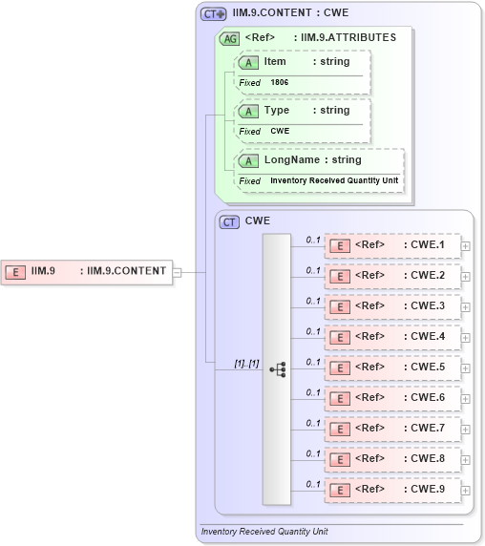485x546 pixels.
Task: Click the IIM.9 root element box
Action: point(86,272)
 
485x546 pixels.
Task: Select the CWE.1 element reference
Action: point(392,245)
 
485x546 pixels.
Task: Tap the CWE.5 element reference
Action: point(392,367)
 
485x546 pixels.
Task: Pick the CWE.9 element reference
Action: point(392,490)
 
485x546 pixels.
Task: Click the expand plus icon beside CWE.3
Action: point(466,306)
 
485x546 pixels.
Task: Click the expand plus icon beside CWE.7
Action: point(466,429)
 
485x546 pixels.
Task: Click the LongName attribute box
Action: point(319,169)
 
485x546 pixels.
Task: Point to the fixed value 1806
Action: point(280,82)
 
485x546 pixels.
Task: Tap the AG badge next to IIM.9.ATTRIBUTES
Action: point(229,38)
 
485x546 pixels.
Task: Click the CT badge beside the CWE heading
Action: point(229,221)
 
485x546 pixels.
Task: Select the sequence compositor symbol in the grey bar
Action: point(277,368)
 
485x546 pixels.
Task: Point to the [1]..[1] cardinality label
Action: point(246,363)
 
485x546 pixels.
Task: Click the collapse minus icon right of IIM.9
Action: point(177,272)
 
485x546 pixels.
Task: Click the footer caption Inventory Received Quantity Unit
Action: point(264,531)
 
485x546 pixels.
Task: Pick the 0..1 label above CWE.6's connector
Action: point(313,392)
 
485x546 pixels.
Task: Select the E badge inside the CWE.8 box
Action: point(338,459)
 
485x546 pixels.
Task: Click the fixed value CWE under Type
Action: point(280,131)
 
